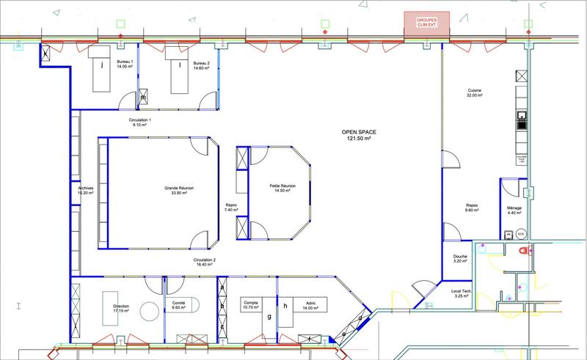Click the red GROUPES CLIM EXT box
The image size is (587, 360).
417,21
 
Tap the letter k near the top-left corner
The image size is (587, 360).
44,55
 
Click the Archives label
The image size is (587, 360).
85,191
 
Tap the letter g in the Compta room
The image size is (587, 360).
270,317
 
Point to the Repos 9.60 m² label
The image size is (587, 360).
472,208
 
